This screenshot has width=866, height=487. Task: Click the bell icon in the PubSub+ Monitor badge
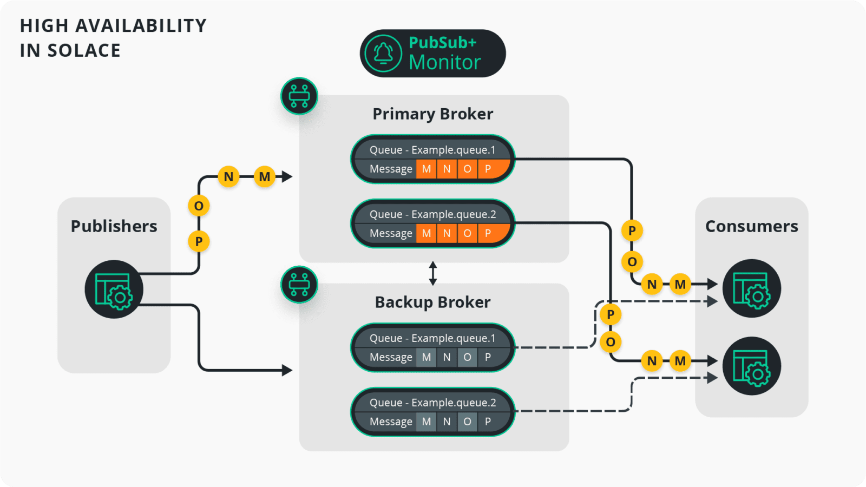(383, 53)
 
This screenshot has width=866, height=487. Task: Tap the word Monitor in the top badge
(444, 63)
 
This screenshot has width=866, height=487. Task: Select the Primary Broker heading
(432, 114)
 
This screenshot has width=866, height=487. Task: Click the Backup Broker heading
(432, 302)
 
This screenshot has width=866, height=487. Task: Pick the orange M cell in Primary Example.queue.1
(427, 169)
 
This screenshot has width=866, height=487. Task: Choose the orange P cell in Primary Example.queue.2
(488, 233)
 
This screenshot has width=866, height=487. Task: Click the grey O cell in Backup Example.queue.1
(467, 357)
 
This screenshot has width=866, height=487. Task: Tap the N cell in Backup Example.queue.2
(447, 422)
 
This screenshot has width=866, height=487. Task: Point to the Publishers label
(114, 226)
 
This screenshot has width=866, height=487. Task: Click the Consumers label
(751, 226)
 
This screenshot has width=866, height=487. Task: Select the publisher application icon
(114, 289)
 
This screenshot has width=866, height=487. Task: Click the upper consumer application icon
(751, 288)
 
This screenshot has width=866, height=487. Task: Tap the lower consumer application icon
(751, 366)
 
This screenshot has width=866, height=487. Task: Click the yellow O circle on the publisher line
(199, 206)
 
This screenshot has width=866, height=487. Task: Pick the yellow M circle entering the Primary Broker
(265, 176)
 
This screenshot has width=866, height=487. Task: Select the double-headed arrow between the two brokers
(432, 273)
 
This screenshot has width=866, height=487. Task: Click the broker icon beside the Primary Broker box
(299, 96)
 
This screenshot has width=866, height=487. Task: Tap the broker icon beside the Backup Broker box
(299, 285)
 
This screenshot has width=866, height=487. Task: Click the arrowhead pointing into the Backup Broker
(287, 370)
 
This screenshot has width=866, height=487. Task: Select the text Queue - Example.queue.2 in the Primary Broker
(432, 214)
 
